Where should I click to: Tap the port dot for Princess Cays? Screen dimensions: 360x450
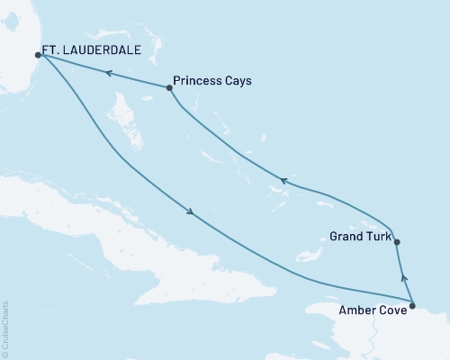point(169,87)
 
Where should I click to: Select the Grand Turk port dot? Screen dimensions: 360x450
point(397,241)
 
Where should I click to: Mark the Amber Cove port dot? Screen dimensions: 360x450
point(412,307)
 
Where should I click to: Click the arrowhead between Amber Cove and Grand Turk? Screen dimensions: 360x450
point(404,279)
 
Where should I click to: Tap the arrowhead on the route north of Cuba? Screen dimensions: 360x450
point(189,213)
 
